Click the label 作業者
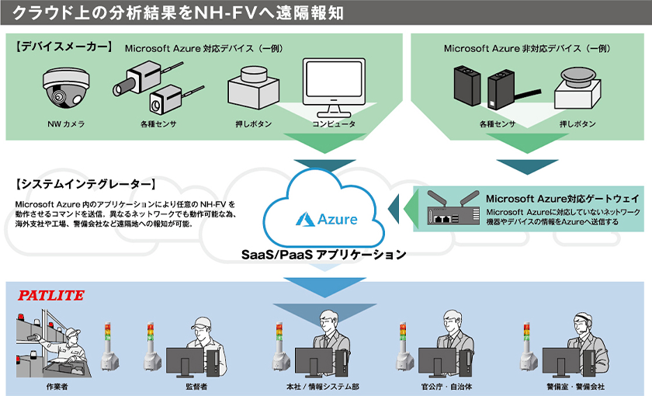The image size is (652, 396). pyautogui.click(x=57, y=386)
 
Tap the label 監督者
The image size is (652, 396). pyautogui.click(x=196, y=386)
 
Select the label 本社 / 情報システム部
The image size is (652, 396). pyautogui.click(x=322, y=386)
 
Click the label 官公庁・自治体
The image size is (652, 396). pyautogui.click(x=447, y=386)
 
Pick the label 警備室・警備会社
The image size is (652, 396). pyautogui.click(x=575, y=386)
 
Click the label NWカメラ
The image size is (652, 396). pyautogui.click(x=66, y=124)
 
